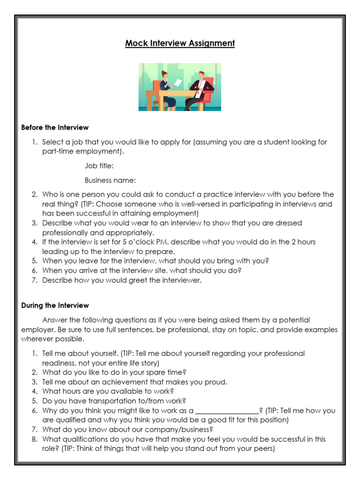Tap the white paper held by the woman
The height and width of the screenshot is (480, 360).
coord(179,83)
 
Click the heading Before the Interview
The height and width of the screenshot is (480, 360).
coord(55,127)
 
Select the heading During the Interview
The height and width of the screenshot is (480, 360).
coord(55,306)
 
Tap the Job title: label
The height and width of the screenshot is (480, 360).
coord(99,166)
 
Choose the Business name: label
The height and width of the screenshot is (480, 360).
coord(110,180)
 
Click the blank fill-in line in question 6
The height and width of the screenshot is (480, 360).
coord(227,411)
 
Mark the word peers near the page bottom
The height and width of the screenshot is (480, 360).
coord(262,449)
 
